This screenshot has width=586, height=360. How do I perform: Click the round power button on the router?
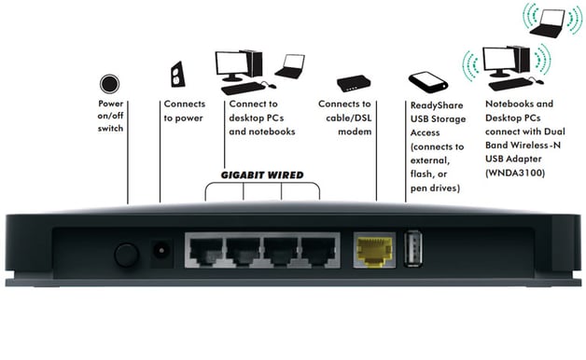(x=126, y=254)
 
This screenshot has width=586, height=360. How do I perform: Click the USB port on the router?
(x=415, y=249)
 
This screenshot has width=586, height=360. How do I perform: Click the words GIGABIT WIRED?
(x=261, y=174)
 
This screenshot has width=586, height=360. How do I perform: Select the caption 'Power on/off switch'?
(x=111, y=115)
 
